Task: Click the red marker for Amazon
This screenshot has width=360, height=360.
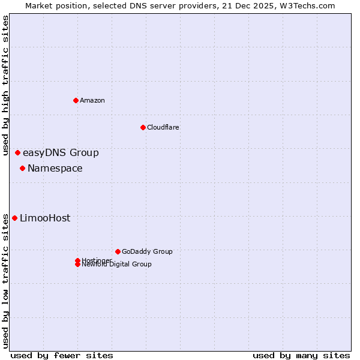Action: (76, 100)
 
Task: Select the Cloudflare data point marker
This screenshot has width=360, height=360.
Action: (143, 127)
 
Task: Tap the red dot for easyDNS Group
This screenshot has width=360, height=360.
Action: (17, 153)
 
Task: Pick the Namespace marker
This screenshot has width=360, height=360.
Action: (22, 169)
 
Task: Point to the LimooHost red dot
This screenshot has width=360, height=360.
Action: (14, 218)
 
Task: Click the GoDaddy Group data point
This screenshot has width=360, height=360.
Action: (118, 251)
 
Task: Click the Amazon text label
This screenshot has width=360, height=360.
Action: (92, 100)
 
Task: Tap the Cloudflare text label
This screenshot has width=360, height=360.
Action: (163, 127)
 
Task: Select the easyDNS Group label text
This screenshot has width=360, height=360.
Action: (61, 153)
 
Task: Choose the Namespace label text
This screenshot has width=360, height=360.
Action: (55, 169)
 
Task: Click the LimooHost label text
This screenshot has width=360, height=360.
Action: (45, 218)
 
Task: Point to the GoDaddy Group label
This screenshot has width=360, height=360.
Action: (147, 251)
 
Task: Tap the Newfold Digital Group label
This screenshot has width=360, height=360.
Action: (117, 265)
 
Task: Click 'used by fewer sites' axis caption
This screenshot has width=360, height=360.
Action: (61, 356)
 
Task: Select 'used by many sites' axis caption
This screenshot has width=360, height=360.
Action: (301, 356)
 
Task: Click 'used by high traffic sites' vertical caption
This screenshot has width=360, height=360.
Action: (6, 85)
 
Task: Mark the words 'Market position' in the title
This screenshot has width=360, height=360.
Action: (51, 5)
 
